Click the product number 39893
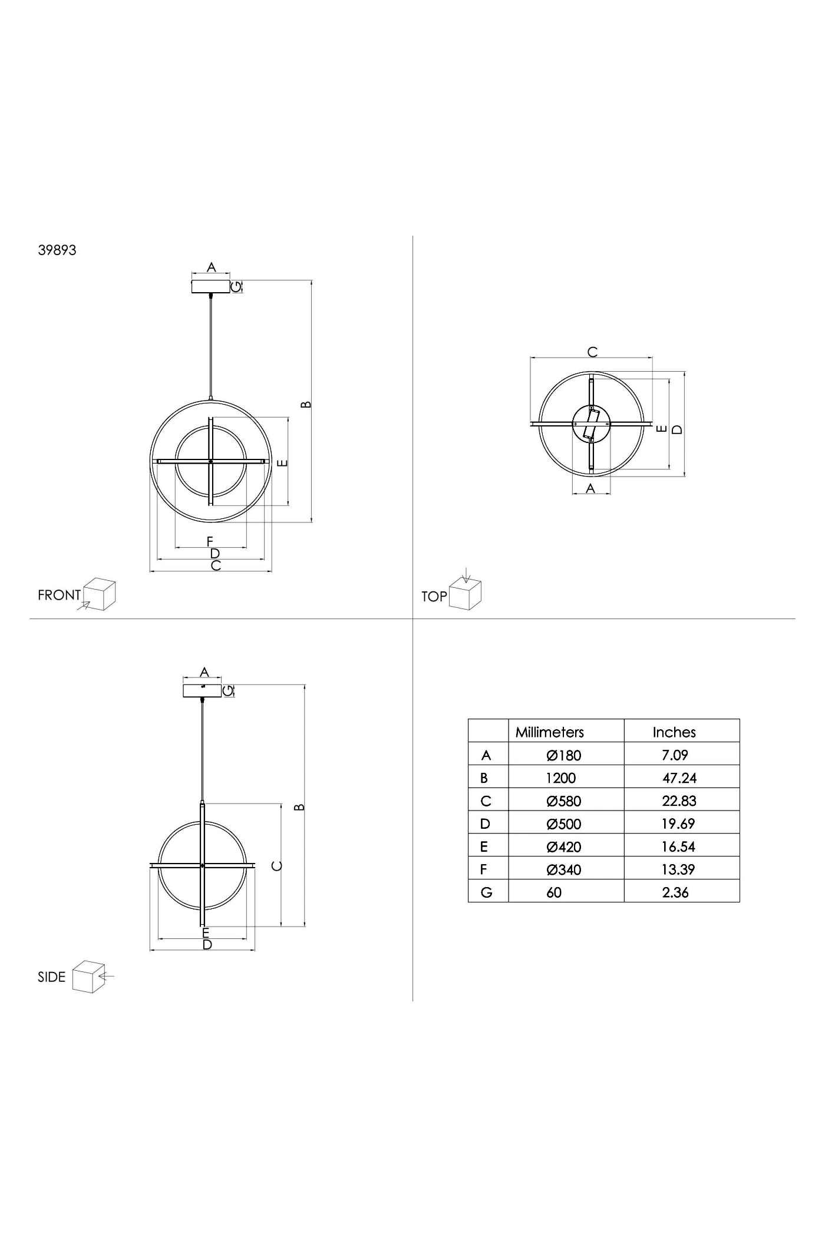(57, 250)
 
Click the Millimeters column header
(549, 732)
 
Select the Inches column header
(674, 732)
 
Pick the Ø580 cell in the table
(564, 801)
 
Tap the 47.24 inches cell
(679, 778)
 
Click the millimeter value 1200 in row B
(560, 778)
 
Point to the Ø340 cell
(564, 869)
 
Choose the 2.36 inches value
(675, 892)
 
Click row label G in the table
(486, 892)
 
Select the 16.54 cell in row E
(678, 846)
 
